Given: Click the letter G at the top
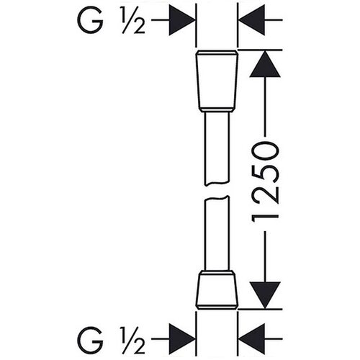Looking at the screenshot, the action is [x=90, y=20].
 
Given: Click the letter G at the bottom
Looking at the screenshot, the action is [x=90, y=339].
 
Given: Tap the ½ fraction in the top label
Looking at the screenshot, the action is [x=133, y=20].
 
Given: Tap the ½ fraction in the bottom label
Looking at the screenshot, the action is [x=133, y=340].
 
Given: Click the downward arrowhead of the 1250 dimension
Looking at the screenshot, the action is [x=265, y=295].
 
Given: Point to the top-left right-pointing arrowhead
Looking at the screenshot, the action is [x=182, y=20].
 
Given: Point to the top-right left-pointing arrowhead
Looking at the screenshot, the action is [x=251, y=20].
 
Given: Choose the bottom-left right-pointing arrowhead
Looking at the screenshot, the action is [x=182, y=339].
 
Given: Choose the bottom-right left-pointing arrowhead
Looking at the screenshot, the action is [x=251, y=339].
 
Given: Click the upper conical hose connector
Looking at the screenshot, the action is [x=217, y=81].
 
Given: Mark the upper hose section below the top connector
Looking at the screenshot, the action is [x=217, y=149].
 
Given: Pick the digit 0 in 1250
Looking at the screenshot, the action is [x=265, y=151].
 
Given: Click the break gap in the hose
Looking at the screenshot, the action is [x=217, y=191].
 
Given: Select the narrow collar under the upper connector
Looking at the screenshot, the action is [x=217, y=109].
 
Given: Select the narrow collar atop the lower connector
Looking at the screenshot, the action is [x=217, y=273].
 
